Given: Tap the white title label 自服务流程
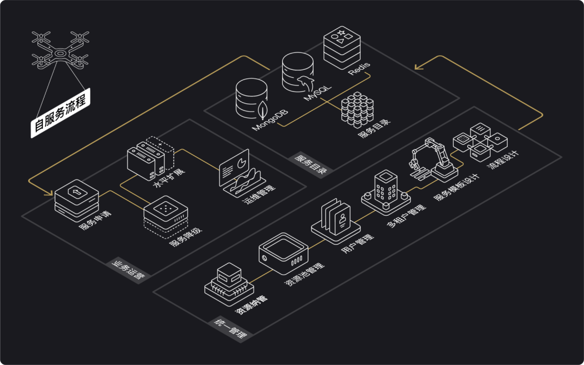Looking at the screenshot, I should pyautogui.click(x=61, y=114).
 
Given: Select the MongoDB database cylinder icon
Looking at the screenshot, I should pyautogui.click(x=253, y=99).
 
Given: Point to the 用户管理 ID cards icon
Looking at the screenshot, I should pyautogui.click(x=335, y=218).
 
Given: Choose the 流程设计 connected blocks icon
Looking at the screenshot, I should pyautogui.click(x=479, y=142).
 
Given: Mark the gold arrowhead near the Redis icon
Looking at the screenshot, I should pyautogui.click(x=418, y=68).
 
